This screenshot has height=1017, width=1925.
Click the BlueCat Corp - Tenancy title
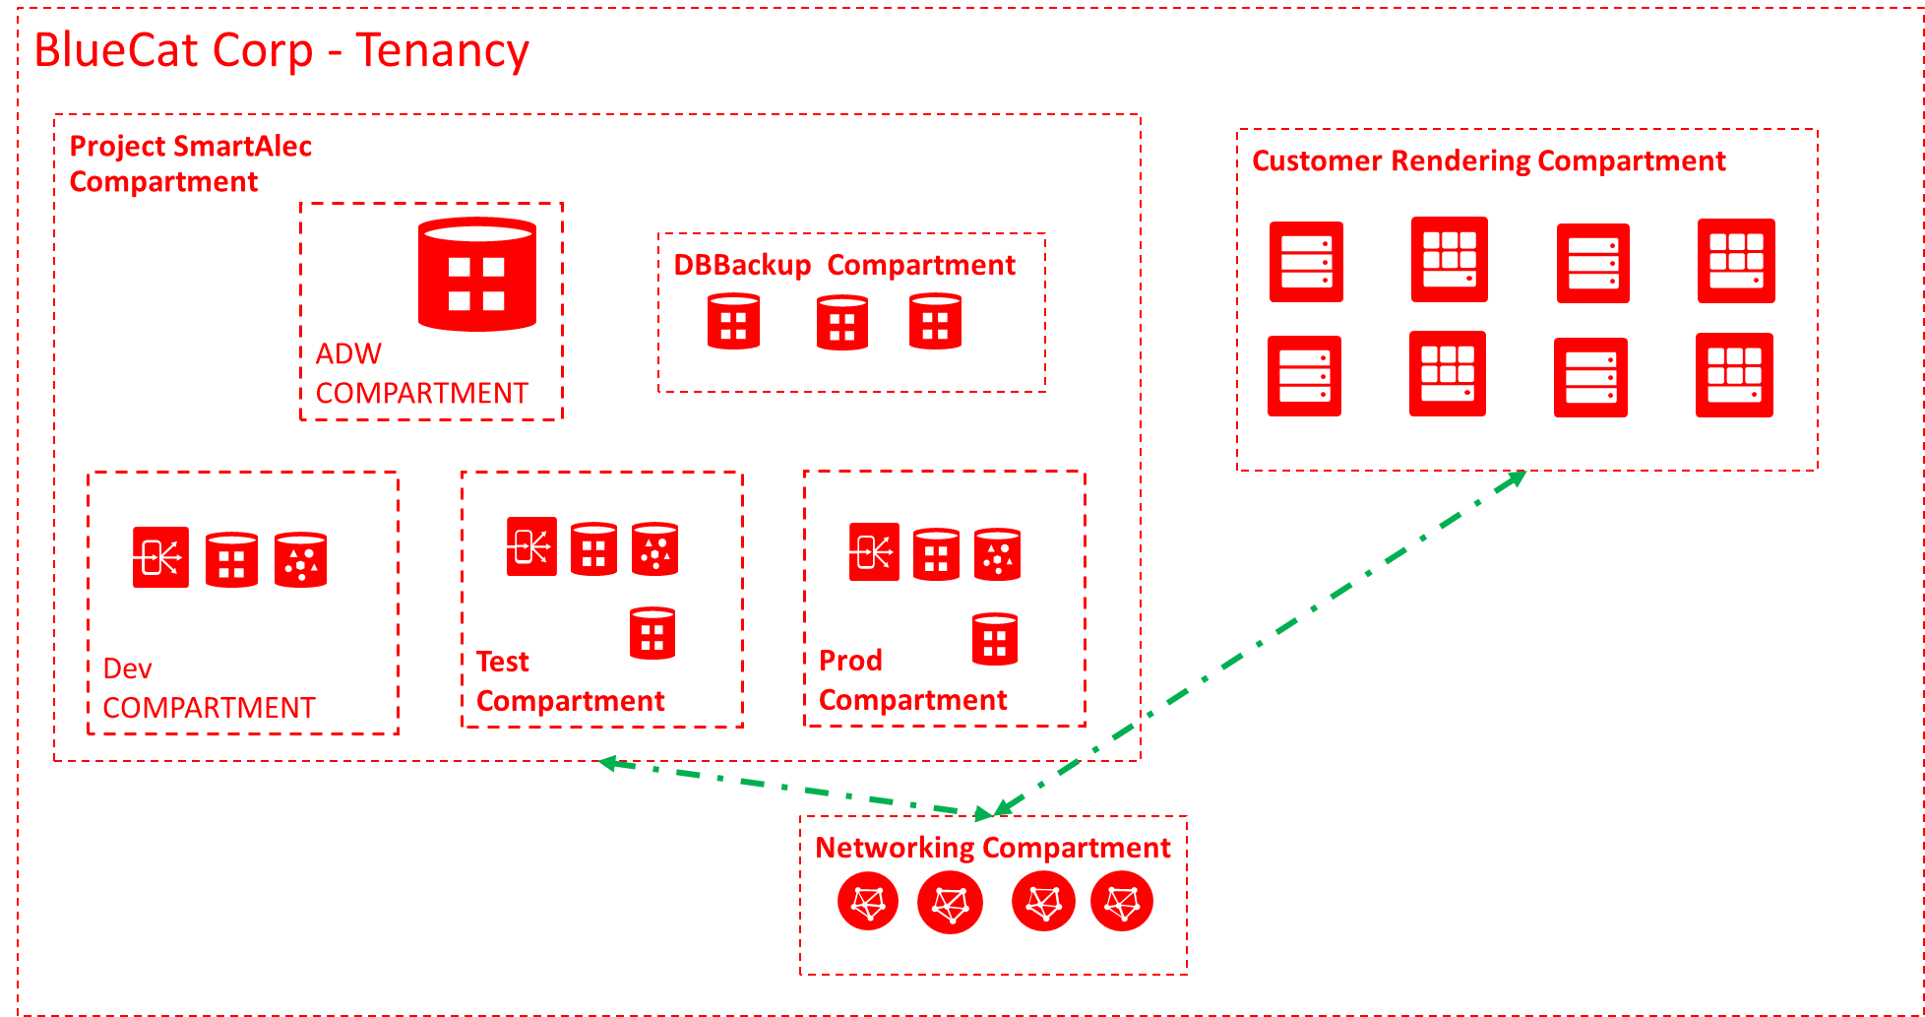[281, 51]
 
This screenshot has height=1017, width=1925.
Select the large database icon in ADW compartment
[477, 275]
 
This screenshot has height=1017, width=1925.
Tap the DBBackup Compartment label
[843, 265]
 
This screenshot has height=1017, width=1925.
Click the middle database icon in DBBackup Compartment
[841, 322]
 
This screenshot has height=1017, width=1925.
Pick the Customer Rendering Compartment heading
[1488, 160]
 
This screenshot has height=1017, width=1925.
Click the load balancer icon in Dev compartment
[160, 558]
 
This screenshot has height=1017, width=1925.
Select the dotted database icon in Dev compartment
[300, 560]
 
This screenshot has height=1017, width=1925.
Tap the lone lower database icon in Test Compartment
[652, 633]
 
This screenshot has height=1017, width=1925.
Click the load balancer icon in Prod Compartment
[874, 551]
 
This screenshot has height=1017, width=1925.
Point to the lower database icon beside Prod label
[994, 639]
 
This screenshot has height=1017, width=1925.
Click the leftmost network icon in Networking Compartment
[868, 902]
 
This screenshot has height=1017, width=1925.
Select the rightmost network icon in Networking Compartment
[1122, 901]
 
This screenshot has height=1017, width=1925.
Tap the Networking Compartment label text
[992, 848]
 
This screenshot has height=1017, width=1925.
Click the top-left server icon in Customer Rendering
[1306, 262]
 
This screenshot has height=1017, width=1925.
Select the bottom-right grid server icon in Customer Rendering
[1734, 375]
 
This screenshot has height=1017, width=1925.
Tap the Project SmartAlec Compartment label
[190, 163]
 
